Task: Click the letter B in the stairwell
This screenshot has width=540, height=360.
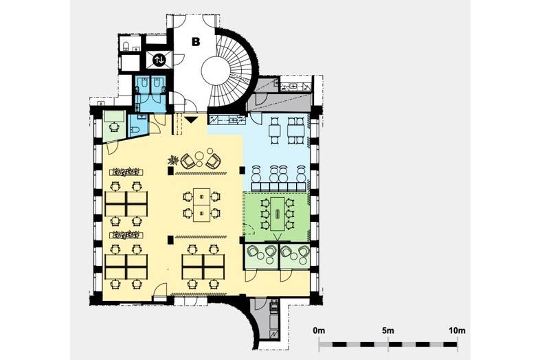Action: [x=196, y=42]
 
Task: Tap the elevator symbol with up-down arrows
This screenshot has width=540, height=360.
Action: [x=159, y=60]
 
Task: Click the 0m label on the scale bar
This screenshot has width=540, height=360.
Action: [x=319, y=330]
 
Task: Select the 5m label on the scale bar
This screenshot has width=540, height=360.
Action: [x=388, y=330]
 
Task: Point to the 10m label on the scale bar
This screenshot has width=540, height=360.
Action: [x=457, y=330]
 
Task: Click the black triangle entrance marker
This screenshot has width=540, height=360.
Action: [x=190, y=120]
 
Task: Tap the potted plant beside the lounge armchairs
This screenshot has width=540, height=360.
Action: [x=173, y=160]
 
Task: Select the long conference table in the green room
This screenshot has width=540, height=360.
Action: [x=278, y=214]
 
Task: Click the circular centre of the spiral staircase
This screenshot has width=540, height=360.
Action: [x=213, y=69]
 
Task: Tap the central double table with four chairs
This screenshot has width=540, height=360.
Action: [x=201, y=205]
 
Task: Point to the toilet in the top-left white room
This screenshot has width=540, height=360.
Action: [x=126, y=46]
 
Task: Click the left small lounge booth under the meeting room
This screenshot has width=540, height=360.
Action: [x=261, y=256]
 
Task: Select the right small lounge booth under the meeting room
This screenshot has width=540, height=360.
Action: [x=295, y=256]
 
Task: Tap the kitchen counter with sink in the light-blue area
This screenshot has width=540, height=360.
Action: [x=227, y=120]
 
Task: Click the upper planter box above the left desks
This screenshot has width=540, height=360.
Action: [x=126, y=171]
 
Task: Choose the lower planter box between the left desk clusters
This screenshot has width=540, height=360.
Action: [x=126, y=235]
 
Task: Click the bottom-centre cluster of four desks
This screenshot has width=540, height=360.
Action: [x=203, y=267]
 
